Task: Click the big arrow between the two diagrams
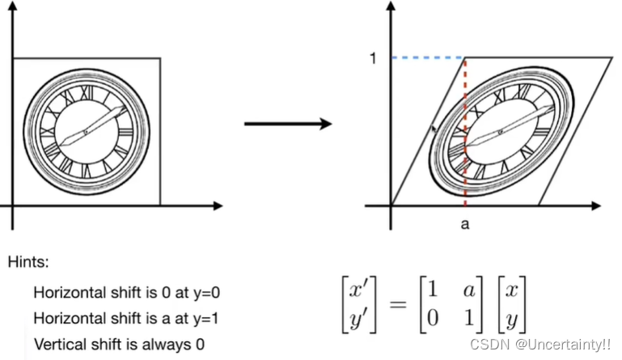pyautogui.click(x=288, y=124)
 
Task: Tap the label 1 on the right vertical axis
pyautogui.click(x=374, y=59)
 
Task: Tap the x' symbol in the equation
pyautogui.click(x=354, y=289)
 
